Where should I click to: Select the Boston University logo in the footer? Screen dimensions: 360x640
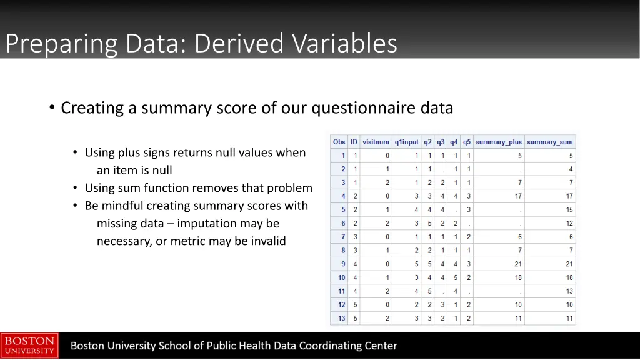point(29,346)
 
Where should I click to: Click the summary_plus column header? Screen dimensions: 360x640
point(499,142)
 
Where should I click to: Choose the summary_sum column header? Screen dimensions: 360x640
point(550,142)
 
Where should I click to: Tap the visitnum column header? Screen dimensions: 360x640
point(376,142)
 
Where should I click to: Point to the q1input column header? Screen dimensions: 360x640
point(407,142)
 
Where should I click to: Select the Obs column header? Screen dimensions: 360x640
point(339,142)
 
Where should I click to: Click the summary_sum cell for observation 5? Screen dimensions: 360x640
point(569,210)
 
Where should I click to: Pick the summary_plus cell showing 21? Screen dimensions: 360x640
point(518,264)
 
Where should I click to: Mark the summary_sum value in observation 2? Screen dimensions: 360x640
point(571,169)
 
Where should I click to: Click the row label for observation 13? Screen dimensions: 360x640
point(341,319)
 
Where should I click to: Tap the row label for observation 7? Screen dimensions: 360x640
point(342,237)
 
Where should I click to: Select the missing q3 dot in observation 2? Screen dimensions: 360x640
point(443,169)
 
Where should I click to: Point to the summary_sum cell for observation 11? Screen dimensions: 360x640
point(569,291)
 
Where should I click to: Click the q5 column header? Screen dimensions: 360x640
point(467,142)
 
